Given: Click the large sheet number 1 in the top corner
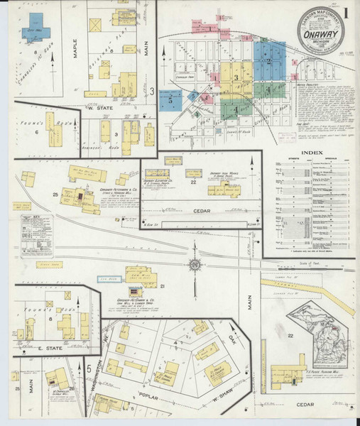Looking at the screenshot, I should point(346,12).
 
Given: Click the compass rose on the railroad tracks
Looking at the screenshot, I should point(194,266).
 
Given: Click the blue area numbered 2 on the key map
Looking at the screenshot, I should point(270,60).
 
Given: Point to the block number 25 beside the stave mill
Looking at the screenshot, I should point(55,194).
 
